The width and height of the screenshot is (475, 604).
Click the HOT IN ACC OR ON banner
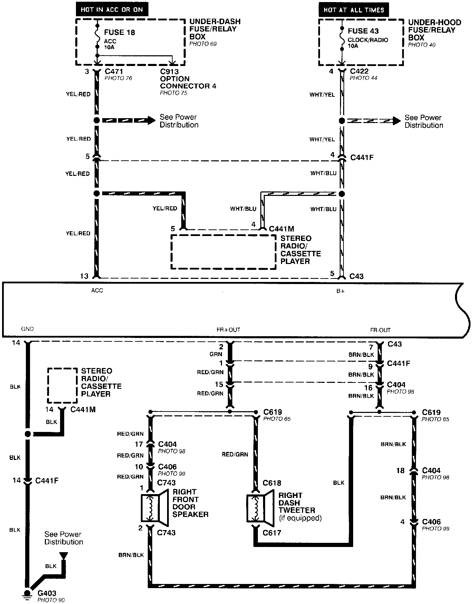[x=112, y=9]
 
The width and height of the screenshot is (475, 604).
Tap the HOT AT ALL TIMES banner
[x=354, y=10]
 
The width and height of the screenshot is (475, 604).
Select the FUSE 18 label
[x=119, y=32]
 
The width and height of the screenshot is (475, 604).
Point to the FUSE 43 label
[x=363, y=31]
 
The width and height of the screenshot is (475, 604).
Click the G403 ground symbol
[x=27, y=593]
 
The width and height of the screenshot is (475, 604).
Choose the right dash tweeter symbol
[x=260, y=508]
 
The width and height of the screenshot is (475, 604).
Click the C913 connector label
[x=169, y=72]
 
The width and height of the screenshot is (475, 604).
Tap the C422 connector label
[x=359, y=71]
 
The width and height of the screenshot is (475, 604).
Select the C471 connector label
[x=114, y=72]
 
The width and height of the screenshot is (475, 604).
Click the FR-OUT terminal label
[x=380, y=330]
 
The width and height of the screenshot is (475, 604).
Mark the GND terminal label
[x=27, y=329]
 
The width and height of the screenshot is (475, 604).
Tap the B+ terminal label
[x=340, y=291]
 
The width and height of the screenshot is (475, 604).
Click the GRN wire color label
[x=216, y=354]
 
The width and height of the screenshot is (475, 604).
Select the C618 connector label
[x=272, y=483]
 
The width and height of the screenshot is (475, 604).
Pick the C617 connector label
[x=272, y=532]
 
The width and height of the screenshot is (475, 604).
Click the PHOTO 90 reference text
[x=51, y=600]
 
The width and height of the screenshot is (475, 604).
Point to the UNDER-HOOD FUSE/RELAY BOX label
[x=434, y=30]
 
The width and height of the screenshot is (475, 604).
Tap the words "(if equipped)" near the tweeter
[x=300, y=518]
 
